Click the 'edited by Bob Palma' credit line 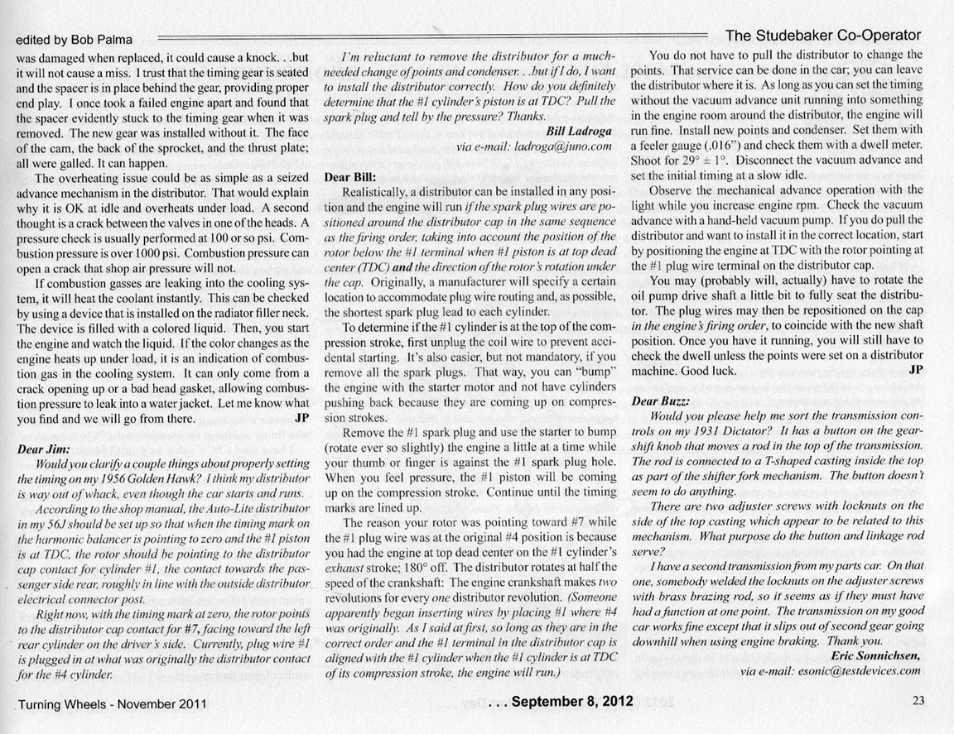74,40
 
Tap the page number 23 918,700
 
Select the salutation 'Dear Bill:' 351,176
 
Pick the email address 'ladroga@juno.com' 561,146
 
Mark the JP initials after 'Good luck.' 915,371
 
